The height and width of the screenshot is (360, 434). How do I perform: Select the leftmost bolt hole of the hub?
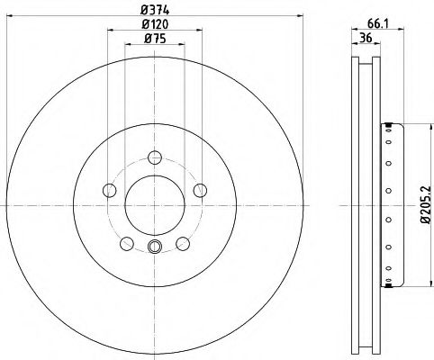(110, 190)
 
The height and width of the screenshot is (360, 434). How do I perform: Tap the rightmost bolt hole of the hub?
(200, 190)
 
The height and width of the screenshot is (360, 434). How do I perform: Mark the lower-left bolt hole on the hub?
(127, 243)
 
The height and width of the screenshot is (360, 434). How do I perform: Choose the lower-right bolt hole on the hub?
(183, 243)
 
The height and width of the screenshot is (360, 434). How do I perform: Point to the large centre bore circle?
(155, 205)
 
